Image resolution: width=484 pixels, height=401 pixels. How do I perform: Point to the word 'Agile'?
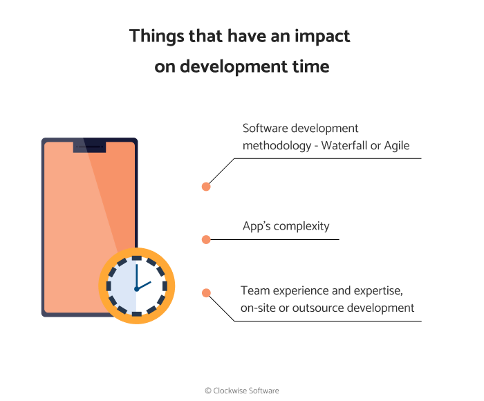point(396,146)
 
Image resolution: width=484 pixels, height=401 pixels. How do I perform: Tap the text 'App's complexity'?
point(286,226)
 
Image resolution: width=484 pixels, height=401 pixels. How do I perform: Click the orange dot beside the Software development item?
point(205,187)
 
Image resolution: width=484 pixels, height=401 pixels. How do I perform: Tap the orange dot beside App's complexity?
point(205,239)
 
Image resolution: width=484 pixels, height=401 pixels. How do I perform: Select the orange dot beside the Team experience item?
point(205,293)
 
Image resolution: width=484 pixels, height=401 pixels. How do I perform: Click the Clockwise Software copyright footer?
point(242,391)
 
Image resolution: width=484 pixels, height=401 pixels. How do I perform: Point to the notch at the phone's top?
point(89,146)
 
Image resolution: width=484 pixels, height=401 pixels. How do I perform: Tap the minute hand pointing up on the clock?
point(136,276)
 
